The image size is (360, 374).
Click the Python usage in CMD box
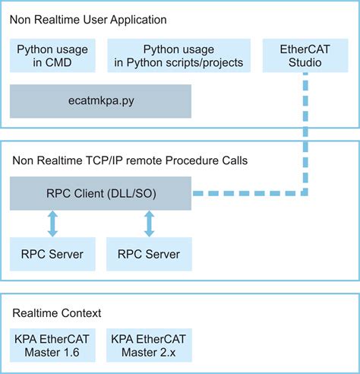(x=53, y=55)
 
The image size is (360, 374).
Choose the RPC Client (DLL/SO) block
(x=100, y=193)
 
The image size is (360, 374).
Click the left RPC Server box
(x=53, y=254)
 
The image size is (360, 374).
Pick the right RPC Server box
(x=149, y=254)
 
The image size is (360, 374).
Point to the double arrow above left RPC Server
(x=53, y=223)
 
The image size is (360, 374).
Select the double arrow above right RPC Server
(x=149, y=223)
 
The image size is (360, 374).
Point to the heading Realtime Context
(x=57, y=312)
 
